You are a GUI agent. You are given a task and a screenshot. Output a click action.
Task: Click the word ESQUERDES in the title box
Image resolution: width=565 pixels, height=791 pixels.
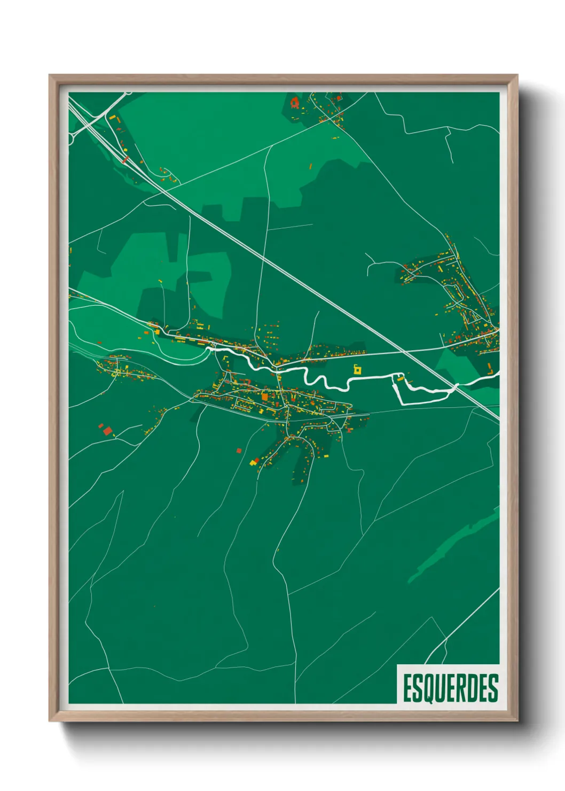tap(450, 688)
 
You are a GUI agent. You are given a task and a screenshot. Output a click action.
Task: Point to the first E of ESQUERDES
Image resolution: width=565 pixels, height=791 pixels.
tap(407, 688)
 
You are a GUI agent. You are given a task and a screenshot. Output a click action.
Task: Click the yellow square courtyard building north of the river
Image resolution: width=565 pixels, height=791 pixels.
tap(357, 369)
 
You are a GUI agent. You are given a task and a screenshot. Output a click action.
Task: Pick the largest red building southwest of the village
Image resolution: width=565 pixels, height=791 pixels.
tap(107, 430)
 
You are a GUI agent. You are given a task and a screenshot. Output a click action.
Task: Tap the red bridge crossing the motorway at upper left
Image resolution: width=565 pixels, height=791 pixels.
tap(125, 159)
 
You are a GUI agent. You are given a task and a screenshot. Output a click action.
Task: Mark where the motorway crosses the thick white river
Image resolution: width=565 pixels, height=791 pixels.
tap(456, 386)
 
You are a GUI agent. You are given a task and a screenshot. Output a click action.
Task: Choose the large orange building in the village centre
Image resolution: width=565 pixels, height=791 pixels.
tap(264, 397)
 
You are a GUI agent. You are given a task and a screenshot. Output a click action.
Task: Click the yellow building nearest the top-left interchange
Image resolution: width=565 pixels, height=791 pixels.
tap(112, 117)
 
